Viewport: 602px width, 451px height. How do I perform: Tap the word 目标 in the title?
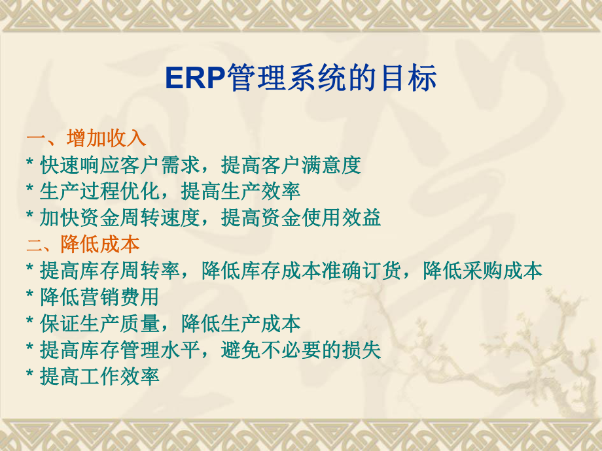[x=410, y=79]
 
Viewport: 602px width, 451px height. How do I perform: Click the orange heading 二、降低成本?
[x=83, y=244]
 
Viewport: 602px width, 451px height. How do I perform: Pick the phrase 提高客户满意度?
[x=291, y=165]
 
